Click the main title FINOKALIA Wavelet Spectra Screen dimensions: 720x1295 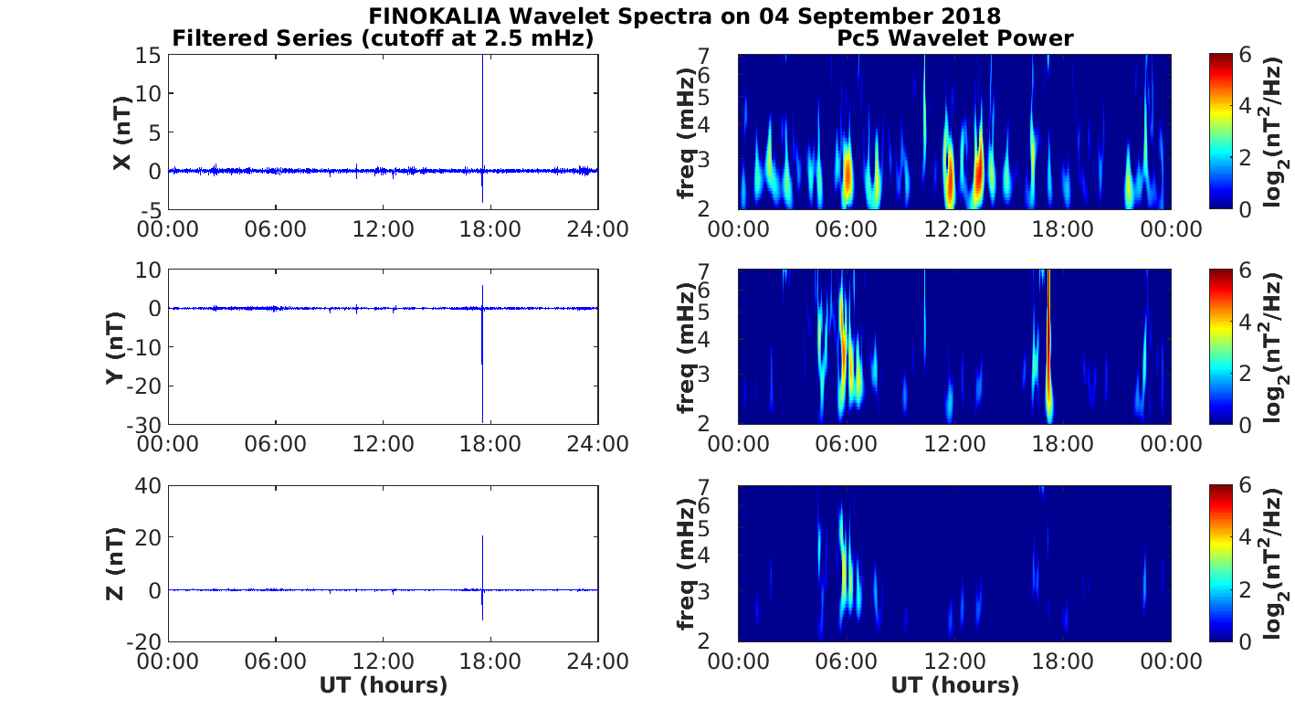[x=684, y=16]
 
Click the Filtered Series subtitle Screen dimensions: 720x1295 [x=384, y=38]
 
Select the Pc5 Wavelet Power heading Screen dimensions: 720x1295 [x=954, y=38]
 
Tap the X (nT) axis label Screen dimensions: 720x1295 [x=121, y=133]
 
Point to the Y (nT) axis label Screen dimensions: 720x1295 [x=116, y=347]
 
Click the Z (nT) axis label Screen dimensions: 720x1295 [x=116, y=563]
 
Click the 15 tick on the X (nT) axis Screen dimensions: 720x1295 [x=152, y=56]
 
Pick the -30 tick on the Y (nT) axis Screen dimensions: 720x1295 [x=148, y=425]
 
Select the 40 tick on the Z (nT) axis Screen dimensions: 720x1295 [x=150, y=485]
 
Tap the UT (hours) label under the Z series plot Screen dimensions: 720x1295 [x=384, y=685]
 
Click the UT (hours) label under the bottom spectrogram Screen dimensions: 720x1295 [x=954, y=685]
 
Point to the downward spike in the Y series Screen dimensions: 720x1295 [x=482, y=384]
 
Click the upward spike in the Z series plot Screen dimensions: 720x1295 [x=482, y=548]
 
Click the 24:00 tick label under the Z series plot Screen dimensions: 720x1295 [x=598, y=660]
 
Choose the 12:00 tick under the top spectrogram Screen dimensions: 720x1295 [x=954, y=228]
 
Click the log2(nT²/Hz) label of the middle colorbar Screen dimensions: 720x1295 [x=1275, y=347]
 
